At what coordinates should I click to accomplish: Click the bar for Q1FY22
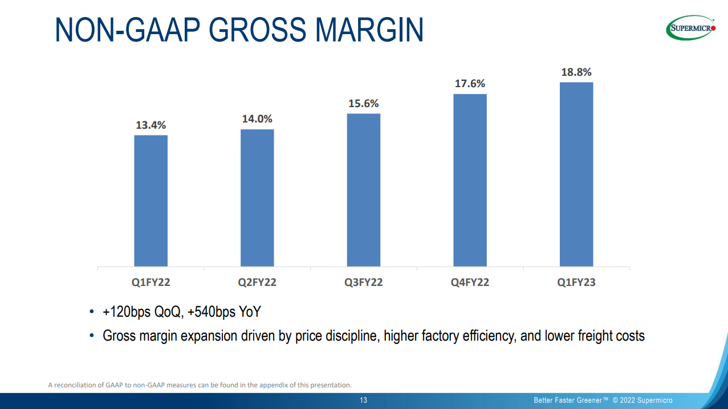click(151, 201)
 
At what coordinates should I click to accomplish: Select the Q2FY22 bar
click(257, 198)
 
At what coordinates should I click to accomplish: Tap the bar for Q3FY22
click(364, 190)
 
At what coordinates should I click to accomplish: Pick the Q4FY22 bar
click(470, 180)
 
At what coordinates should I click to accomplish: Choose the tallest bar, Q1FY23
click(576, 174)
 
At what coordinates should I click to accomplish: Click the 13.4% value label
click(151, 125)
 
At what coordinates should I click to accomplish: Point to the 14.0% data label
click(257, 119)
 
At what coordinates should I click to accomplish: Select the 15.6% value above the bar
click(364, 104)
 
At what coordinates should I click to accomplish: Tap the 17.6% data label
click(470, 84)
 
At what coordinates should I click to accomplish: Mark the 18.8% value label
click(576, 72)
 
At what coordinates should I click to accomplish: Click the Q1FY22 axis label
click(151, 283)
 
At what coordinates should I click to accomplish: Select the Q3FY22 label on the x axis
click(364, 283)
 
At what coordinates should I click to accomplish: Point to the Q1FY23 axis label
click(576, 283)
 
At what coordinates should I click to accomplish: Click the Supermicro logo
click(691, 28)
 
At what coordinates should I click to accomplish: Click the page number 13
click(364, 400)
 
